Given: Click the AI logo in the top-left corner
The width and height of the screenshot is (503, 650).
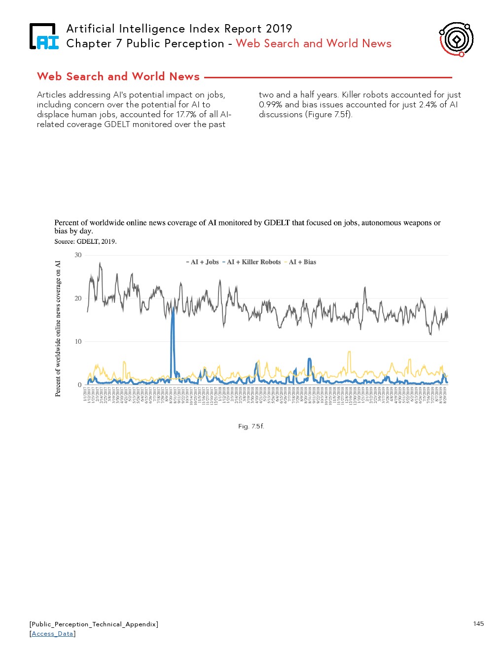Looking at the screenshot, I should click(x=44, y=36).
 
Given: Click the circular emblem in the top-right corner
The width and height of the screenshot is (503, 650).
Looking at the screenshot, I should click(x=456, y=39).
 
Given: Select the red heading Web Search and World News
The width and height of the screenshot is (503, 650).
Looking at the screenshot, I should click(x=118, y=77).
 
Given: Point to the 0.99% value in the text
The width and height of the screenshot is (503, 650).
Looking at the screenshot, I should click(x=270, y=104).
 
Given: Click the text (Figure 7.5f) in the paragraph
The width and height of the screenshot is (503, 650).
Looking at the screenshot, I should click(x=329, y=114).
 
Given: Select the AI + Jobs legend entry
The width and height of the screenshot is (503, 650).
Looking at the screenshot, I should click(x=203, y=262).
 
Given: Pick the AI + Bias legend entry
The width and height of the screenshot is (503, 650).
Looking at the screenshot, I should click(x=300, y=262).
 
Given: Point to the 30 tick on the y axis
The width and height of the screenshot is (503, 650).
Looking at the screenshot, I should click(x=78, y=255).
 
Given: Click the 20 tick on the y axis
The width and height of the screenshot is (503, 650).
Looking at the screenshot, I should click(x=78, y=298).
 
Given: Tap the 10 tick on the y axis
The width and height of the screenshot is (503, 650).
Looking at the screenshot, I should click(x=78, y=342).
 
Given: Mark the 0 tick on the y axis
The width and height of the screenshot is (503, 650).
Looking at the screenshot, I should click(x=80, y=385).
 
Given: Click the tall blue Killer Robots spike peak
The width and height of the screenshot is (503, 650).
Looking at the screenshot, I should click(x=173, y=309).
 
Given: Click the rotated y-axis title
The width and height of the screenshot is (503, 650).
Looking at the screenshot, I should click(x=58, y=328).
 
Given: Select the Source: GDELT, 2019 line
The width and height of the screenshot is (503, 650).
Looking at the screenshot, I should click(x=85, y=242).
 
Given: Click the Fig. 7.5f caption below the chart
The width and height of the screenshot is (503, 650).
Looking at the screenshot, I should click(x=251, y=426).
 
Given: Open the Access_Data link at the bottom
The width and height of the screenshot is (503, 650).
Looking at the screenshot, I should click(x=52, y=634).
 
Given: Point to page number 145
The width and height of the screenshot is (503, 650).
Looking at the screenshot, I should click(x=478, y=624).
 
